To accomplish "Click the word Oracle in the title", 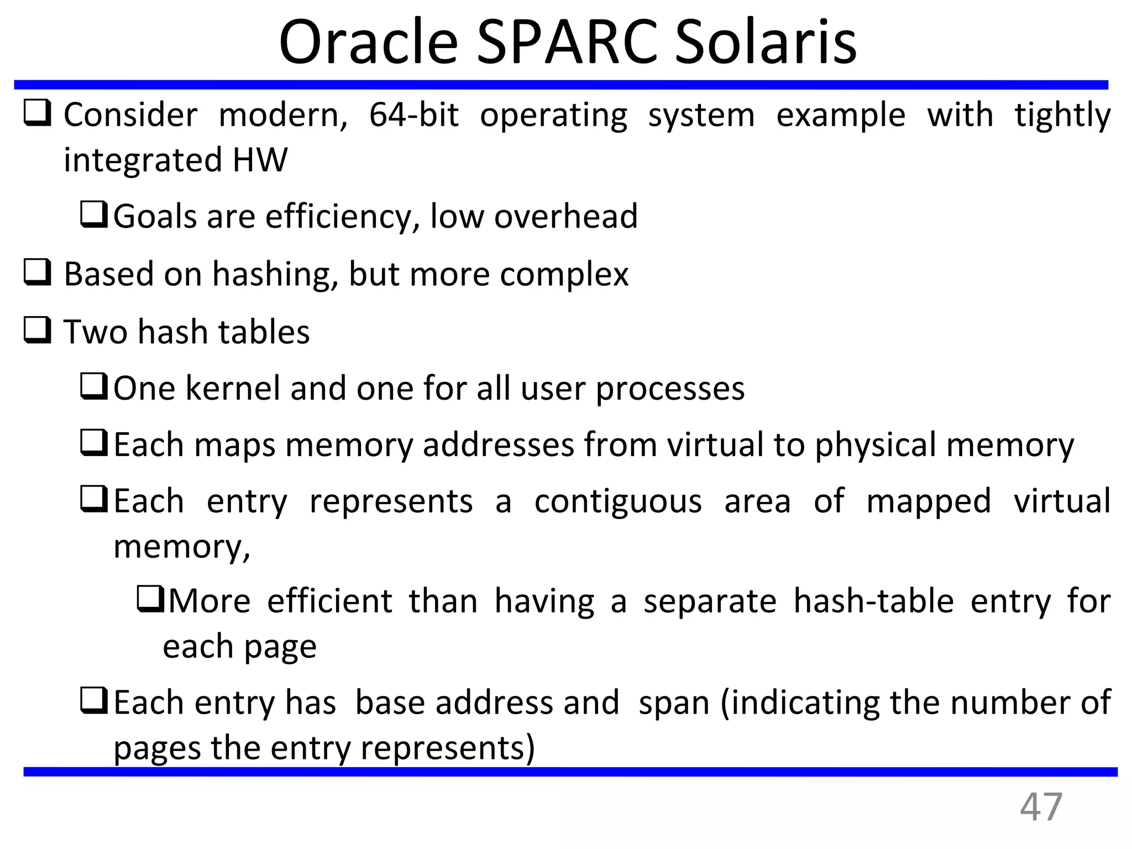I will pos(368,43).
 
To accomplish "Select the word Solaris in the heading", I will pos(765,43).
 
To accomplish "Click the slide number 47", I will pos(1040,808).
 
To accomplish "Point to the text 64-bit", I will pos(413,116).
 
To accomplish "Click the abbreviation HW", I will pos(259,160).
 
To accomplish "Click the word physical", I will pos(874,446).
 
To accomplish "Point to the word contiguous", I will pos(617,501).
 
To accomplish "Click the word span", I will pos(673,703).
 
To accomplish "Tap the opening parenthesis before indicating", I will pos(725,703).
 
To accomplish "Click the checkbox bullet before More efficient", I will pos(150,600).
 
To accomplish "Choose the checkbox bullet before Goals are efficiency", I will pos(93,215).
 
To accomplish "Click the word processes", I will pos(669,389).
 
